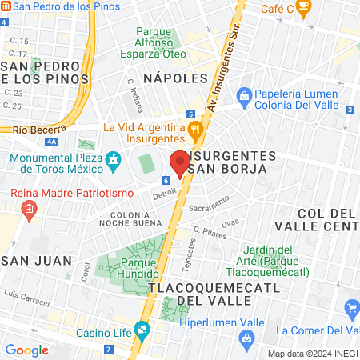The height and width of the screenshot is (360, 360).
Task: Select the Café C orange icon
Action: pos(303,8)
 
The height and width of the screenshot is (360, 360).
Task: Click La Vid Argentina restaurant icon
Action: pos(194,129)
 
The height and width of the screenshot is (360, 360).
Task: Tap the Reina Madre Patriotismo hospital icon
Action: pos(29,210)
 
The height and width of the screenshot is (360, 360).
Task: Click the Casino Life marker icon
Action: pos(142,329)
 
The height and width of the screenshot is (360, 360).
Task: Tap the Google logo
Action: pos(26,350)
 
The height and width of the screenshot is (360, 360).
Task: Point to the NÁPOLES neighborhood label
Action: pos(175,78)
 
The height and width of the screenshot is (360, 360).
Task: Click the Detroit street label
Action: pos(164,194)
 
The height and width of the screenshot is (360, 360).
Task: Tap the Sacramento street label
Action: pos(209,204)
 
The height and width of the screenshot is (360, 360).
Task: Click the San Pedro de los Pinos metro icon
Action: pos(6,6)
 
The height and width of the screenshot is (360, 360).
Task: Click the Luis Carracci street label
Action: pos(27,294)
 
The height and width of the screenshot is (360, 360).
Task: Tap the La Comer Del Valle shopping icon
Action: pos(351,308)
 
